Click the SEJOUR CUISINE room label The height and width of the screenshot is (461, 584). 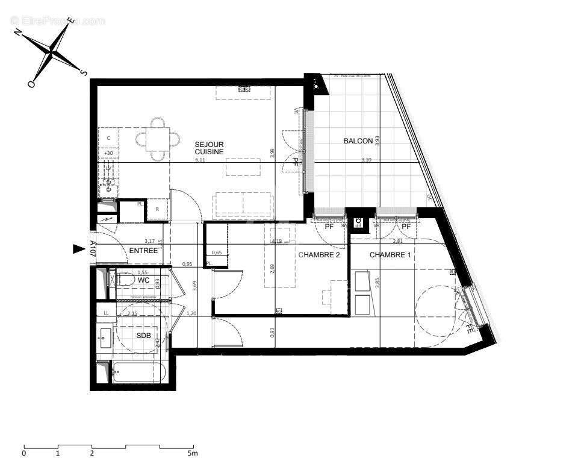pos(209,148)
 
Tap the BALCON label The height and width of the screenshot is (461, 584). pos(354,141)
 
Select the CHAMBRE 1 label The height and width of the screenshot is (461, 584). pos(390,255)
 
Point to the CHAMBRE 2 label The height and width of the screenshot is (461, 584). pos(319,255)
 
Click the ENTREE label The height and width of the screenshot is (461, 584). pos(143,251)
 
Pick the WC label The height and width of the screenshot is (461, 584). pos(143,280)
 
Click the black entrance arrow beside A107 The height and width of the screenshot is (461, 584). pos(78,249)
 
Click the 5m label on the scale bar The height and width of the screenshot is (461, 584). pos(192,453)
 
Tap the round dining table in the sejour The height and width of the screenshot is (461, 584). pos(157,140)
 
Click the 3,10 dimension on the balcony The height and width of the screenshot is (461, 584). pos(366,160)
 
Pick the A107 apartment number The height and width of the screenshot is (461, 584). pos(93,249)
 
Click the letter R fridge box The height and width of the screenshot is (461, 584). pos(157,209)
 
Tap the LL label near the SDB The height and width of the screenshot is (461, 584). pos(106,313)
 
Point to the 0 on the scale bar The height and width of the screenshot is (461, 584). pos(24,453)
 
